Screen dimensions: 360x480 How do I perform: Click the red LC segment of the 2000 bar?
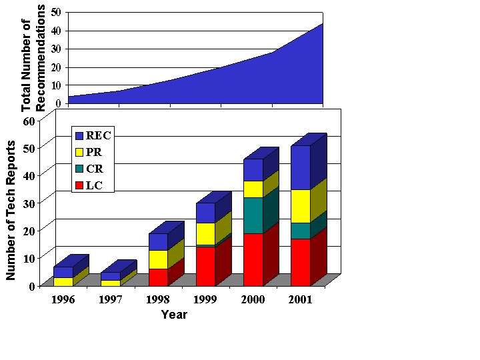pos(253,259)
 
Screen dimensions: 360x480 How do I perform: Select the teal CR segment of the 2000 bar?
pos(253,215)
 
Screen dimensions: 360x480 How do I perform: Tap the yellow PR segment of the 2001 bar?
pos(300,206)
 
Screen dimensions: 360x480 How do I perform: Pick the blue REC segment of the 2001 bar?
pos(300,167)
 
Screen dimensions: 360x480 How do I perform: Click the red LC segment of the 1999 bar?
pos(205,266)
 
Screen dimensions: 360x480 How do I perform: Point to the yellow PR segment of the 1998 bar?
pos(158,259)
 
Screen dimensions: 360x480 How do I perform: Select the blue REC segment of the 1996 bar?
pos(63,272)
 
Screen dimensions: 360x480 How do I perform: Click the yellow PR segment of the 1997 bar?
pos(111,283)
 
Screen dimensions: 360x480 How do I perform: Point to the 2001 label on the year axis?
pos(301,299)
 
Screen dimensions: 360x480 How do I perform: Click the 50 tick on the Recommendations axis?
pos(55,12)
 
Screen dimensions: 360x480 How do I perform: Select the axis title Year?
pos(174,314)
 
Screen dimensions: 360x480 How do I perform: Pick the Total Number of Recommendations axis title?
pos(33,57)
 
